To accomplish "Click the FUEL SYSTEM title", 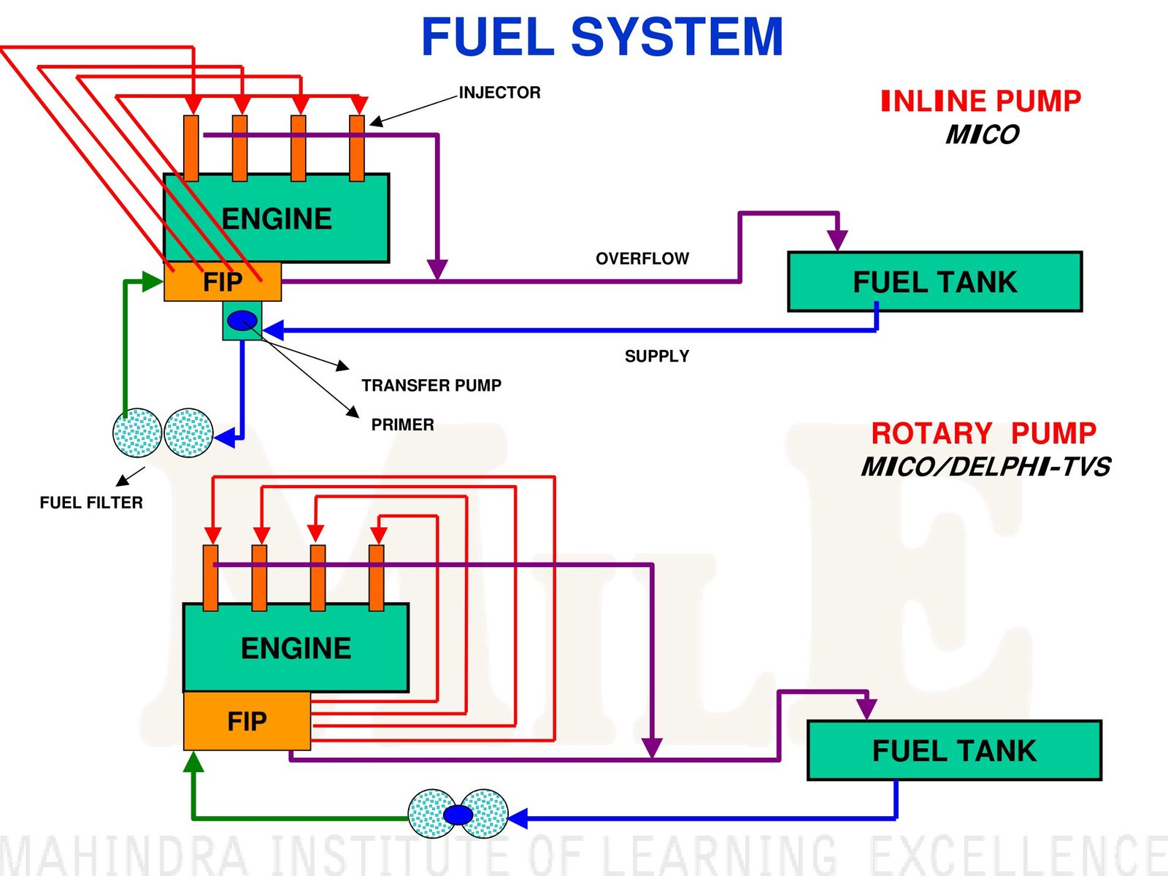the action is [x=602, y=37].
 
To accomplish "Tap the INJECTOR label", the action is [x=499, y=93].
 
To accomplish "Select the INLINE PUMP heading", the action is [x=981, y=101].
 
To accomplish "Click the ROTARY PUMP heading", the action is [x=984, y=433].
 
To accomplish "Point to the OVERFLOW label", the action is [x=642, y=259].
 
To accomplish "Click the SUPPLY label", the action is [x=657, y=357].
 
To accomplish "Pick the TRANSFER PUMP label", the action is [x=431, y=386].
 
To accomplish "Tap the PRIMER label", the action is [x=403, y=425].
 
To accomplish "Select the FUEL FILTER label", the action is [x=91, y=503].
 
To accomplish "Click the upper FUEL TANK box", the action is [x=935, y=282].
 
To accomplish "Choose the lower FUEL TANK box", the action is [x=955, y=750].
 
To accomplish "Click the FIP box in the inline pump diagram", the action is [x=223, y=282].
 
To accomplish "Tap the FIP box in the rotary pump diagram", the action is [x=247, y=721].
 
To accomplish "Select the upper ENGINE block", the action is [x=276, y=218].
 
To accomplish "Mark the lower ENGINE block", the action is [x=296, y=647].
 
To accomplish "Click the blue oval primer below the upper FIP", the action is [x=242, y=320].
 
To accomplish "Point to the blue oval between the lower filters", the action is [x=458, y=815].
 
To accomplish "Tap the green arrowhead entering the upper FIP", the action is [x=153, y=281].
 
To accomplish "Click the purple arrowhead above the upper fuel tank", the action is [x=837, y=240].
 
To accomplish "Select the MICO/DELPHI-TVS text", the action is [x=985, y=467].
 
